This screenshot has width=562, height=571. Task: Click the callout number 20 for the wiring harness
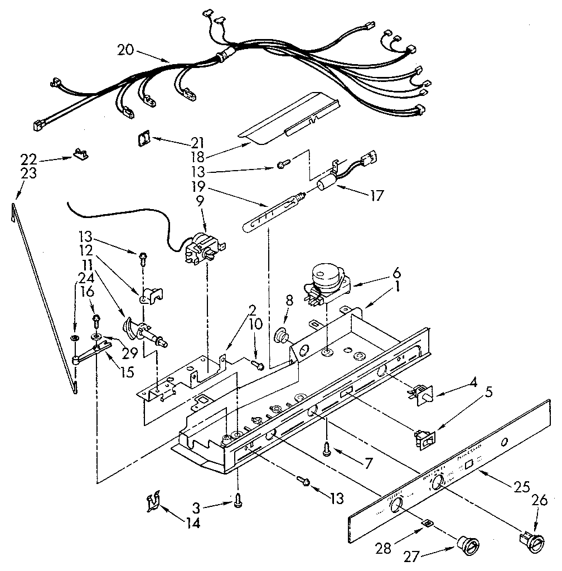tap(127, 49)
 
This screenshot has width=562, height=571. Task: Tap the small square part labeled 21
tap(145, 138)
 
